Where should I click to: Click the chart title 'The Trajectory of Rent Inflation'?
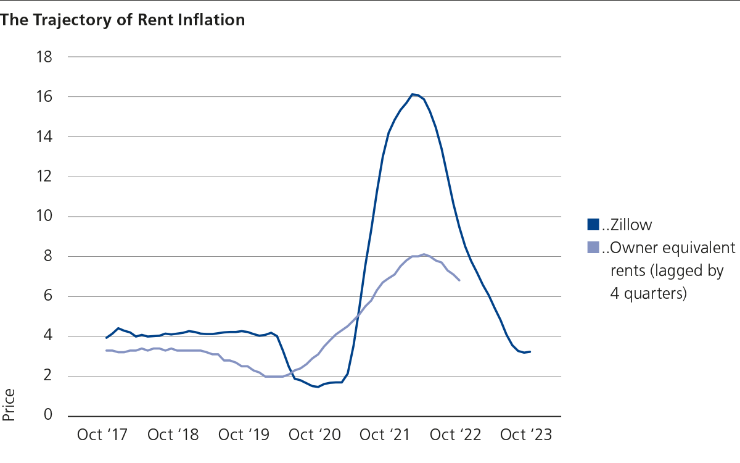(123, 20)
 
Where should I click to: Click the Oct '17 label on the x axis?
(102, 435)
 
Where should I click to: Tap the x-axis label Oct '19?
(244, 435)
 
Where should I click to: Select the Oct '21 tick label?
(385, 435)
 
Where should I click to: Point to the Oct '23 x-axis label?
(526, 435)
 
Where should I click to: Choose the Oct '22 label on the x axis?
(455, 435)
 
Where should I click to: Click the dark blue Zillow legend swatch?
(593, 224)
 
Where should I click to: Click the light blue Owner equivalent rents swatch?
(593, 248)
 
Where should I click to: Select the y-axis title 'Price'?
(9, 405)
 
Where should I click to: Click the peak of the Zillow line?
(414, 94)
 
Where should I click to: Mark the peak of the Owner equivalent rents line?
(424, 254)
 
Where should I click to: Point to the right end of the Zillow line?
(530, 352)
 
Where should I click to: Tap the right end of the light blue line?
(459, 280)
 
